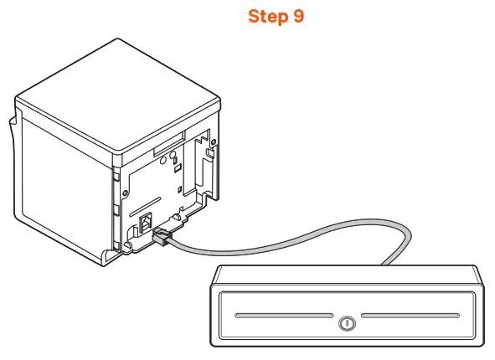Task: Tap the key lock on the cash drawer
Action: (x=347, y=322)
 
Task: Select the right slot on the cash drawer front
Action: (x=410, y=317)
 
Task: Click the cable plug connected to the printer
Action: (x=162, y=238)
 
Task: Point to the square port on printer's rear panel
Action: (x=145, y=224)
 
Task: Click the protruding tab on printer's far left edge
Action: (x=13, y=134)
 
